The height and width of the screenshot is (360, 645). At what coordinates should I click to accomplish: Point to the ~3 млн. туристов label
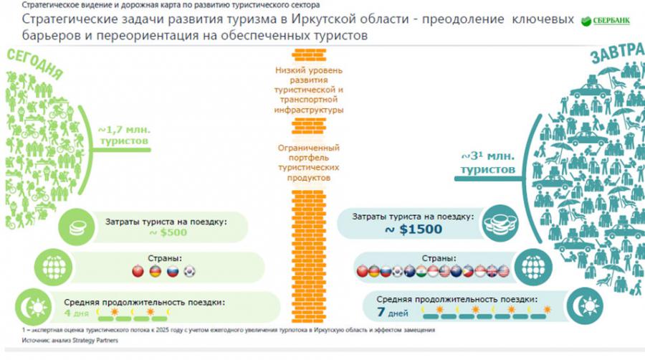tap(488, 163)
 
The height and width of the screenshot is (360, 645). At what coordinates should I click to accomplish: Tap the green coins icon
tap(75, 228)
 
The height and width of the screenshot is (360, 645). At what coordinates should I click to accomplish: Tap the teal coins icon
tap(496, 222)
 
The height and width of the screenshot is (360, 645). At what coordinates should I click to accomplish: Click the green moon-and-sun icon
tap(36, 305)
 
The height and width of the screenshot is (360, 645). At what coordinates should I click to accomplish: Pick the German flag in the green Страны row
tap(155, 272)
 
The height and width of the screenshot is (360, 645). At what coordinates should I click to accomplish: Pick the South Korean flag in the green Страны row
tap(188, 272)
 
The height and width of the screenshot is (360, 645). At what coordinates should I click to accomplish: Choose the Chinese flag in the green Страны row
tap(138, 272)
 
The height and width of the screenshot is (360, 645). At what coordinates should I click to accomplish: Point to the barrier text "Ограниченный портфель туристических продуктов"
tap(308, 162)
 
